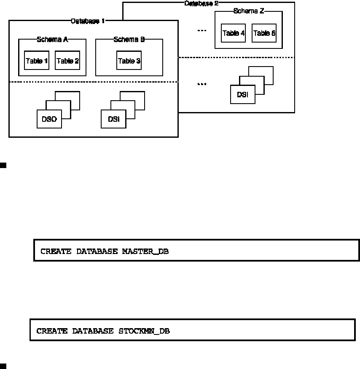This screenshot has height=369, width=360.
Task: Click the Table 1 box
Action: [37, 61]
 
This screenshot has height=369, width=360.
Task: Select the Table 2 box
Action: [67, 61]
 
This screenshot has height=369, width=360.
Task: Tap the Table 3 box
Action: [129, 61]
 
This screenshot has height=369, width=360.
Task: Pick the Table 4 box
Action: [234, 33]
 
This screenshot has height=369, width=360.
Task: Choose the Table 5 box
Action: [264, 33]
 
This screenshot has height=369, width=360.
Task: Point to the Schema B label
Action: [129, 40]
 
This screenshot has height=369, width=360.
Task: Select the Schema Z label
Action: [249, 11]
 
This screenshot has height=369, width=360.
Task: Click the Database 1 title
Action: [88, 21]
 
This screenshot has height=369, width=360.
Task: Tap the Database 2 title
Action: [201, 3]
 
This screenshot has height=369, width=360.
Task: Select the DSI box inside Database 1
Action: [113, 119]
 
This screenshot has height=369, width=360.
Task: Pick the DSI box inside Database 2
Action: [242, 95]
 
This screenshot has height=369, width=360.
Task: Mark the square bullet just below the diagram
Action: [3, 165]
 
